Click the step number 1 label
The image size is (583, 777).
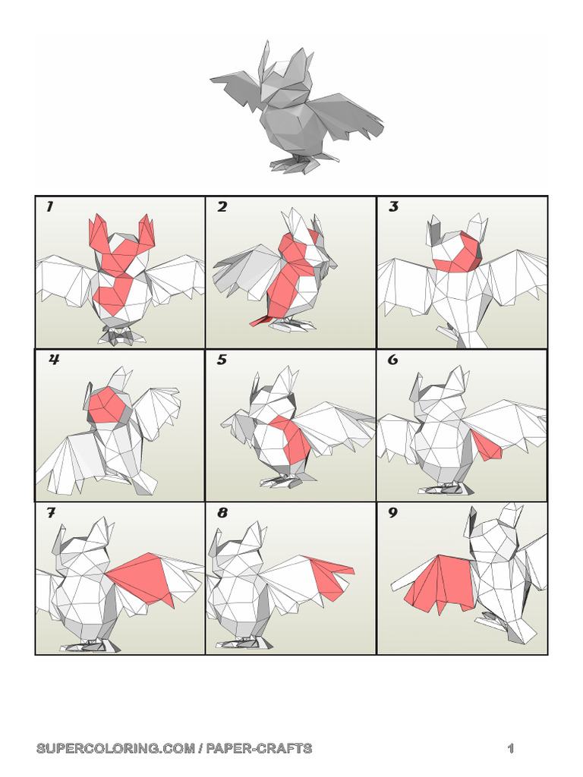click(x=49, y=207)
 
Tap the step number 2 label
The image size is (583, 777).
click(x=222, y=207)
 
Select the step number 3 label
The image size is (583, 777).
click(x=393, y=207)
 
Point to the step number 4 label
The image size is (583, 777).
click(x=54, y=360)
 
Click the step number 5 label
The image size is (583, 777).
click(x=222, y=360)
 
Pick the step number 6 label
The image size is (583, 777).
click(x=393, y=360)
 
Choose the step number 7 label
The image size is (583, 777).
click(x=50, y=514)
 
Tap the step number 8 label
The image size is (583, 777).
click(x=222, y=514)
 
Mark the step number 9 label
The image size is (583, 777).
click(x=393, y=514)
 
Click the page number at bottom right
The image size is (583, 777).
click(x=511, y=749)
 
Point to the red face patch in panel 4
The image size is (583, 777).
click(x=106, y=406)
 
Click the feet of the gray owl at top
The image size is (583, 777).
click(x=300, y=162)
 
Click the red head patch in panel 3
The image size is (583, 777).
click(x=459, y=253)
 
